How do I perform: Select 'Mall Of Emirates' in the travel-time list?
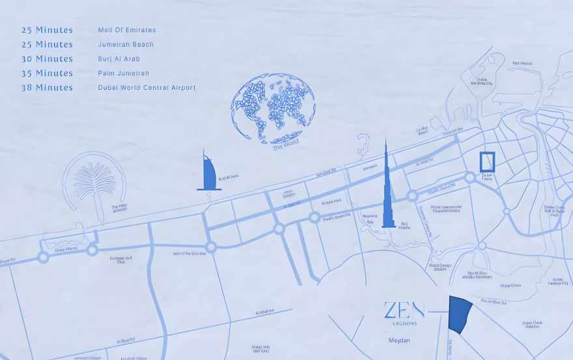(x=126, y=30)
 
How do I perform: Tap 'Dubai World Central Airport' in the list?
(x=147, y=87)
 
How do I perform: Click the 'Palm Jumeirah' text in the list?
(x=123, y=73)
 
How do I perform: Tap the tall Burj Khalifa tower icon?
(x=387, y=189)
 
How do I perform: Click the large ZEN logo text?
(x=404, y=310)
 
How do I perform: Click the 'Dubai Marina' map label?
(x=68, y=249)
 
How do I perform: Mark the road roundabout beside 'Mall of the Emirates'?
(x=211, y=247)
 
